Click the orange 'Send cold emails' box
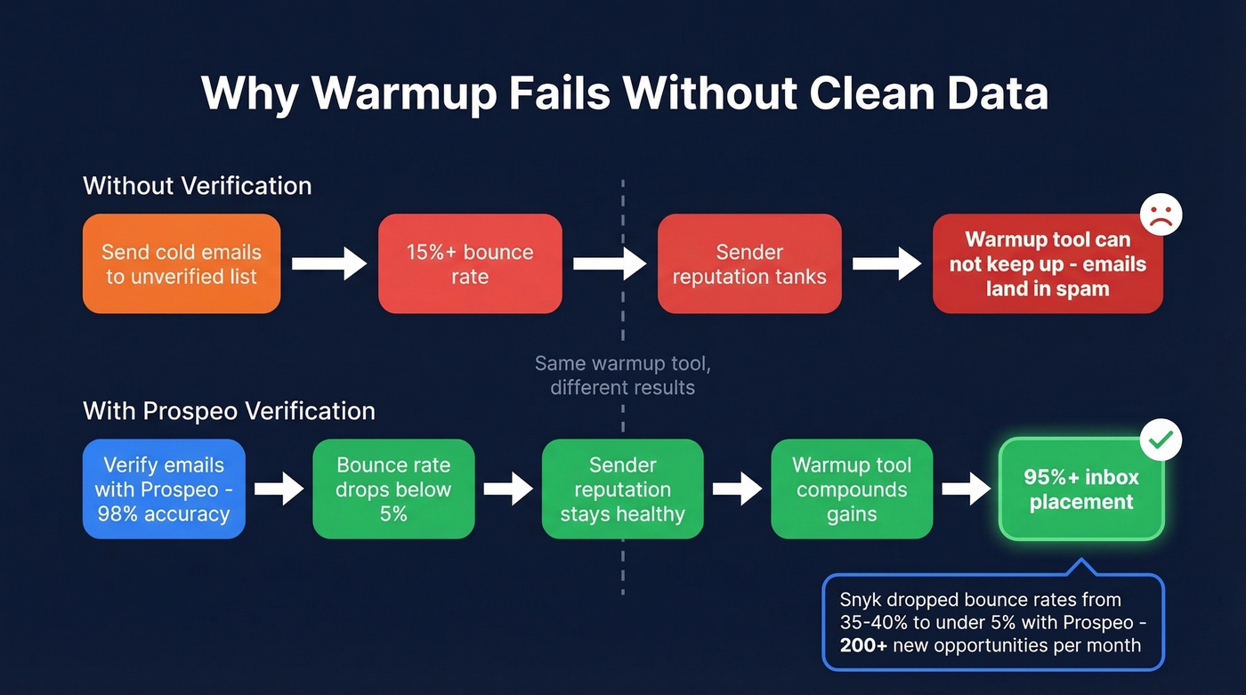coord(182,263)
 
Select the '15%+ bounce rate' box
coord(470,263)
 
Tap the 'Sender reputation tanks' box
coord(749,263)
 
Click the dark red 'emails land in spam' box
coord(1048,263)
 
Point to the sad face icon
coord(1161,214)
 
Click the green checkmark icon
coord(1161,440)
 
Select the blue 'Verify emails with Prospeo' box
coord(164,489)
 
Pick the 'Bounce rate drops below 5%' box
coord(393,489)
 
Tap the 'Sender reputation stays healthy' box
coord(623,489)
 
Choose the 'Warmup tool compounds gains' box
coord(852,489)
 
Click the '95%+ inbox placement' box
coord(1081,489)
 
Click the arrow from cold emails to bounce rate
coord(329,263)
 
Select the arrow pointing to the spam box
coord(886,263)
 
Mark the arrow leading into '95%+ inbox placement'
coord(966,489)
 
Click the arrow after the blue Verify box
coord(279,489)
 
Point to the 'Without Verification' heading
coord(198,185)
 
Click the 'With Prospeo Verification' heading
coord(229,410)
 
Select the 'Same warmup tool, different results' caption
coord(623,375)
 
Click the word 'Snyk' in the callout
coord(861,599)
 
